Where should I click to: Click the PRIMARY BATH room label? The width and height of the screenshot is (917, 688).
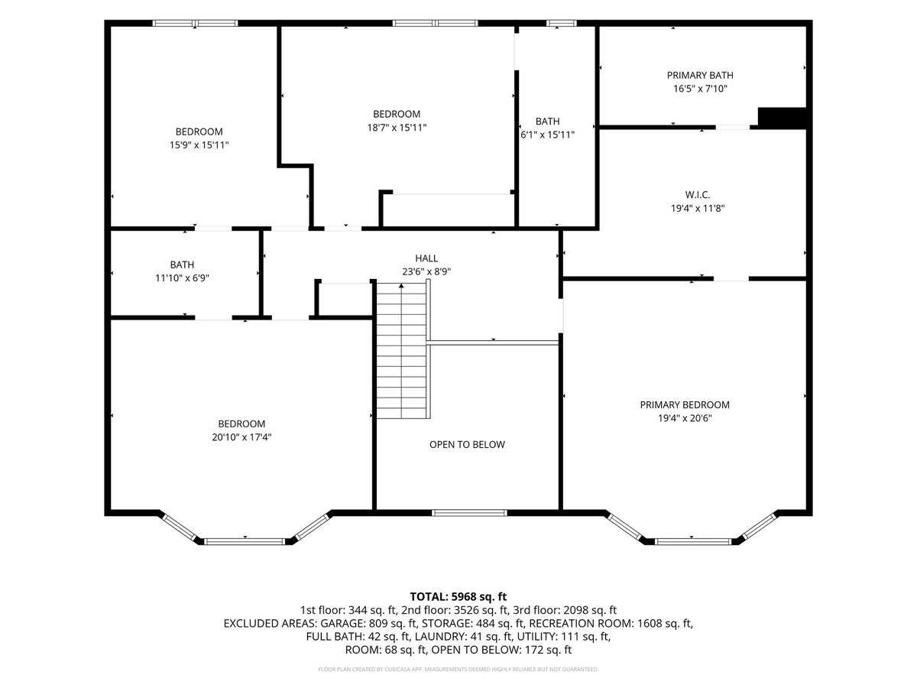coord(700,75)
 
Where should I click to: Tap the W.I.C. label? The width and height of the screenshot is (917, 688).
coord(697,195)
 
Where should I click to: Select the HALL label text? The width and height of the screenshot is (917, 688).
coord(426,258)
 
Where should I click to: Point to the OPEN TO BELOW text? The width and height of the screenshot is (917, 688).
coord(467,444)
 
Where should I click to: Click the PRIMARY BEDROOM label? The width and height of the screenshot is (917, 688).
coord(685,405)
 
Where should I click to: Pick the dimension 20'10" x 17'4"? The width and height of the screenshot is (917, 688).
coord(241,437)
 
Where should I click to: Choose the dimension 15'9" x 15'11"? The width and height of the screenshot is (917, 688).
coord(199,145)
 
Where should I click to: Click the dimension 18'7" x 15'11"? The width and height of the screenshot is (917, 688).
coord(397,128)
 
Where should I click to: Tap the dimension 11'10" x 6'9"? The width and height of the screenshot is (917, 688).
coord(182,277)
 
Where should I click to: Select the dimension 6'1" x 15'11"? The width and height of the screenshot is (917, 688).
coord(547,135)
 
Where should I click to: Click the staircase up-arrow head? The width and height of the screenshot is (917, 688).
coord(401,286)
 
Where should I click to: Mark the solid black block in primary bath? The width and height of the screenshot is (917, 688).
coord(782,118)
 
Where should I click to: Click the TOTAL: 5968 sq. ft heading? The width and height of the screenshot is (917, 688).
coord(458,596)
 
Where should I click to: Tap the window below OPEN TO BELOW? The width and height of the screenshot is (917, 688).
coord(469,512)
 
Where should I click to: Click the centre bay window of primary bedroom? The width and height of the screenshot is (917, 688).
coord(693,542)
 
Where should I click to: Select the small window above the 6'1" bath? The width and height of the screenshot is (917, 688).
coord(562,23)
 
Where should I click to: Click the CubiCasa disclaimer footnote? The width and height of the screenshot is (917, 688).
coord(458,669)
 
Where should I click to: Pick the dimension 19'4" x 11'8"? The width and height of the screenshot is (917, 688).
coord(697,208)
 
